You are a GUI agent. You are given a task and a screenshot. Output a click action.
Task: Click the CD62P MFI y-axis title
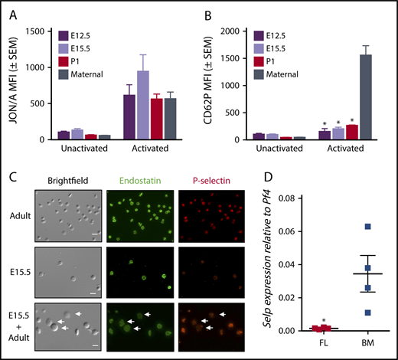tap(219, 84)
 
